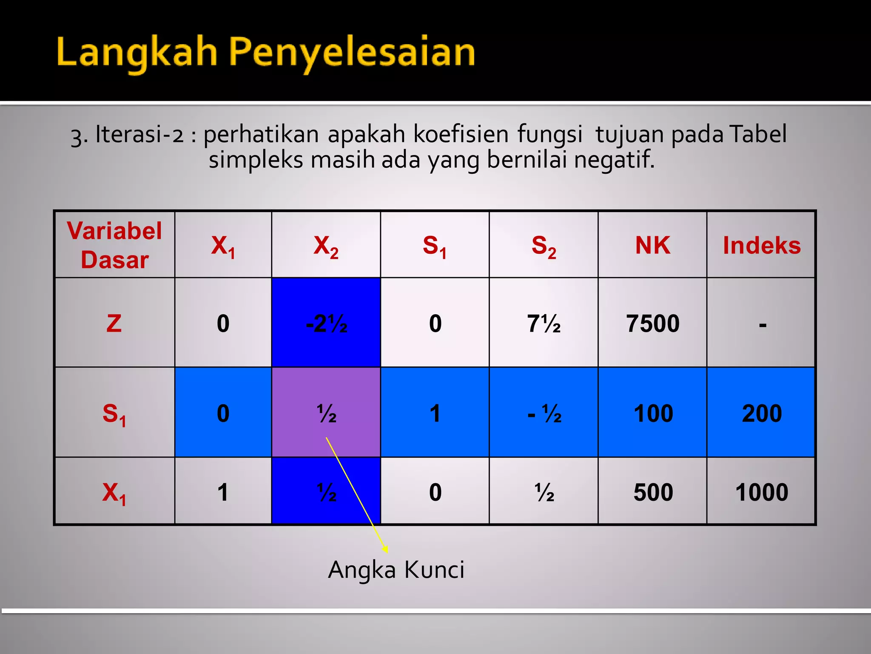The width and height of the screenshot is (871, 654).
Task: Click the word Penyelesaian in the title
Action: [352, 53]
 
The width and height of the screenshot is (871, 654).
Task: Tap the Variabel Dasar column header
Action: [114, 245]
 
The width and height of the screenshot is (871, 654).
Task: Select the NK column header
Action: [652, 245]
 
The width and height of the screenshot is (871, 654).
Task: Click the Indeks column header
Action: [761, 246]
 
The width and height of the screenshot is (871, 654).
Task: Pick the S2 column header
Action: [544, 246]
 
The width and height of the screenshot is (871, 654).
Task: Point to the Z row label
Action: [114, 323]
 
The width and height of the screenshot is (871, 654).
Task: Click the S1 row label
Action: [114, 413]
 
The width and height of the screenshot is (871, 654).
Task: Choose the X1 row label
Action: [114, 493]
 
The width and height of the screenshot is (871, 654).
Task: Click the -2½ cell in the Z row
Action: [326, 324]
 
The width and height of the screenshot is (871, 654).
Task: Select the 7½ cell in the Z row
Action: [544, 324]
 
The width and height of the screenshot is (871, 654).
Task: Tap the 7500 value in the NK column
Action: [652, 324]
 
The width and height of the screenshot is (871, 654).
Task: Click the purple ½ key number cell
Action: [326, 413]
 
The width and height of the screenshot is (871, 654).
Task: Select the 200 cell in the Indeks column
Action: [761, 413]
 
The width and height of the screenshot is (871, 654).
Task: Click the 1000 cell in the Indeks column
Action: [761, 492]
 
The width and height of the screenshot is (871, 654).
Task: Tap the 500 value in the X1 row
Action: [653, 492]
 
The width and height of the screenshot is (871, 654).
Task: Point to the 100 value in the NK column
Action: [653, 413]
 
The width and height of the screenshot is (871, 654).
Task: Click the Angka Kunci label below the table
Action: [396, 570]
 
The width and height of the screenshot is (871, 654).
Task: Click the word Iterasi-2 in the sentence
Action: [139, 135]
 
